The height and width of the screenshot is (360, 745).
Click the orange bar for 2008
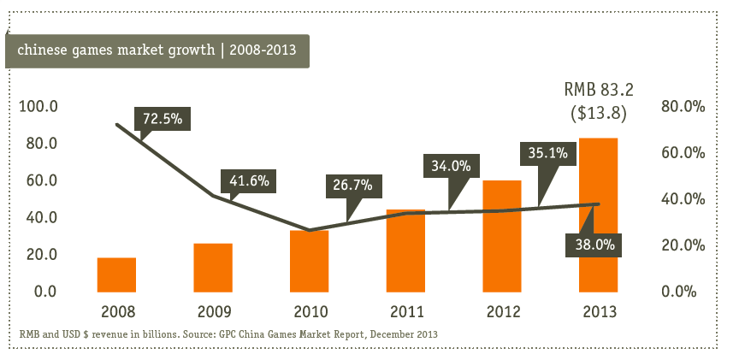116,274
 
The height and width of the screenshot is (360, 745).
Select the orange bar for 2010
310,261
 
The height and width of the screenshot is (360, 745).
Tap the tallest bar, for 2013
598,215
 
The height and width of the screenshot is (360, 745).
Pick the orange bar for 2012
502,236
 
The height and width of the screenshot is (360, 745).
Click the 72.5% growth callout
163,119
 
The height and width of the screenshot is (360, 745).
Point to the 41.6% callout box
249,181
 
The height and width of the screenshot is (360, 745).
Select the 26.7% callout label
352,186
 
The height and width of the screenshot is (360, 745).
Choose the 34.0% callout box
452,166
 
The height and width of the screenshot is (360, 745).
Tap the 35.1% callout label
548,153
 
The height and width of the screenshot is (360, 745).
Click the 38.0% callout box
594,245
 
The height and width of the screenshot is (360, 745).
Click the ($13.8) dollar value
599,113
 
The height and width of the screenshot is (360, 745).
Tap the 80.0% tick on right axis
683,106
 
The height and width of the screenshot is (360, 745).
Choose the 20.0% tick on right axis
683,245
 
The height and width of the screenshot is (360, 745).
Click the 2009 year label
215,312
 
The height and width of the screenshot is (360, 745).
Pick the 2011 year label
406,312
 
